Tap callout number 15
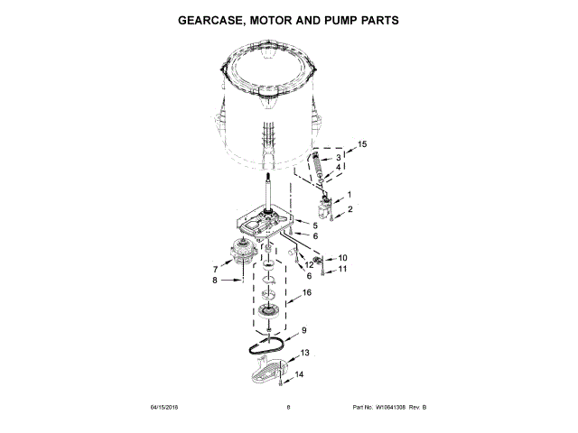(x=362, y=144)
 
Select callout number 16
(x=306, y=293)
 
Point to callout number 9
(x=304, y=330)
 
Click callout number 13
(x=304, y=353)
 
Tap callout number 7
(x=215, y=269)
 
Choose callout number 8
(x=214, y=281)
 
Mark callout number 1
(x=349, y=195)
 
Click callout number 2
(x=349, y=209)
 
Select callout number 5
(x=315, y=225)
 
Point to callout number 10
(x=341, y=257)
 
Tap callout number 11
(x=341, y=269)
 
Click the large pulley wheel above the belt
(x=268, y=312)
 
